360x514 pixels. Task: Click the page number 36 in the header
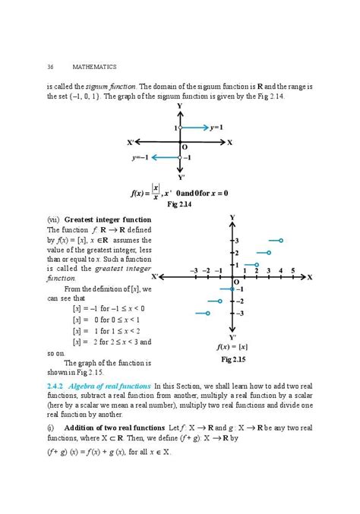tap(50, 68)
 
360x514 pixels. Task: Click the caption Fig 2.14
tap(180, 205)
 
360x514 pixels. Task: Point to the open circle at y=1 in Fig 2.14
tap(180, 128)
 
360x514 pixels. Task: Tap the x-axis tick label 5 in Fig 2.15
tap(292, 270)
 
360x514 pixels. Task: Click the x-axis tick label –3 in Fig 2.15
tap(194, 270)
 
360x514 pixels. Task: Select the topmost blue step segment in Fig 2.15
tap(272, 241)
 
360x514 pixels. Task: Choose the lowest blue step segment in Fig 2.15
tap(202, 313)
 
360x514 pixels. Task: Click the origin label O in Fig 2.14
tap(185, 147)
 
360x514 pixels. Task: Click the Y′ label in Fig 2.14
tap(180, 176)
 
